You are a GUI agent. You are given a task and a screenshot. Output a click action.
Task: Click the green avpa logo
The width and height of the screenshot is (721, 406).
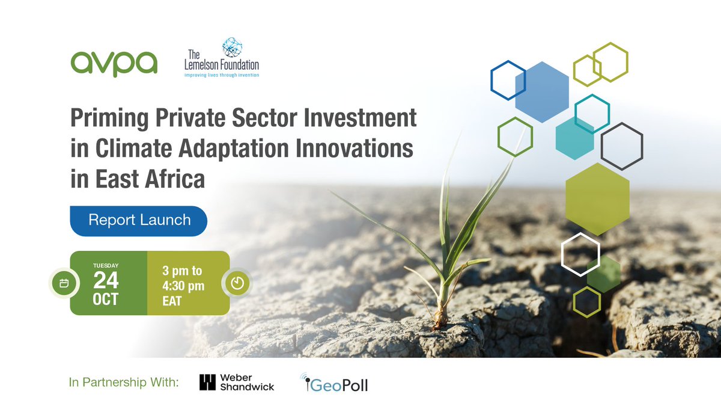pos(114,64)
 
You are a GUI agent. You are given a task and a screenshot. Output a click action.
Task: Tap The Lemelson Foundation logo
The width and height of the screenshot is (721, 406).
pos(222,59)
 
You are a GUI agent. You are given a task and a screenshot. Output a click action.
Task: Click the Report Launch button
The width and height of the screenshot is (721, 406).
pos(139,220)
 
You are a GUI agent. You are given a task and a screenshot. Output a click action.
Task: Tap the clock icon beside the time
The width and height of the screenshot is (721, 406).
pos(237,283)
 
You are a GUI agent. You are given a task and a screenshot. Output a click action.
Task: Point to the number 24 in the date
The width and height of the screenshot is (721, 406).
pos(106,281)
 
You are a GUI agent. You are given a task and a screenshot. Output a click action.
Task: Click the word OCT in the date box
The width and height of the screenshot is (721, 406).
pos(106,300)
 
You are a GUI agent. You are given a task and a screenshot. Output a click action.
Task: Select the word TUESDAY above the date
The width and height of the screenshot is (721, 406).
pos(106,265)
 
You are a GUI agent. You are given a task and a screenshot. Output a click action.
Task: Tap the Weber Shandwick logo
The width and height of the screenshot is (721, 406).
pos(237,383)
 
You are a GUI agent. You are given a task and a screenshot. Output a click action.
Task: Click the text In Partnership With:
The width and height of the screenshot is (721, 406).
pos(124,383)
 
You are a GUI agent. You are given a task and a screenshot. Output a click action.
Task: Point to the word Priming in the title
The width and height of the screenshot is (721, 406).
pos(105,118)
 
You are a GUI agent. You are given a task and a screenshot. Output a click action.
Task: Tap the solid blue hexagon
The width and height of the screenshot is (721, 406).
pos(542,92)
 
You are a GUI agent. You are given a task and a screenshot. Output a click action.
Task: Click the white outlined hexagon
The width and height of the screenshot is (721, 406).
pos(580,254)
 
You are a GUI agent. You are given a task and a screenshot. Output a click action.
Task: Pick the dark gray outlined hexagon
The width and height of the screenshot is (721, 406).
pos(622,146)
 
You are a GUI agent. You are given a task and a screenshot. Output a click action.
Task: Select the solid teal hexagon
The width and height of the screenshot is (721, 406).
pos(576,139)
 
